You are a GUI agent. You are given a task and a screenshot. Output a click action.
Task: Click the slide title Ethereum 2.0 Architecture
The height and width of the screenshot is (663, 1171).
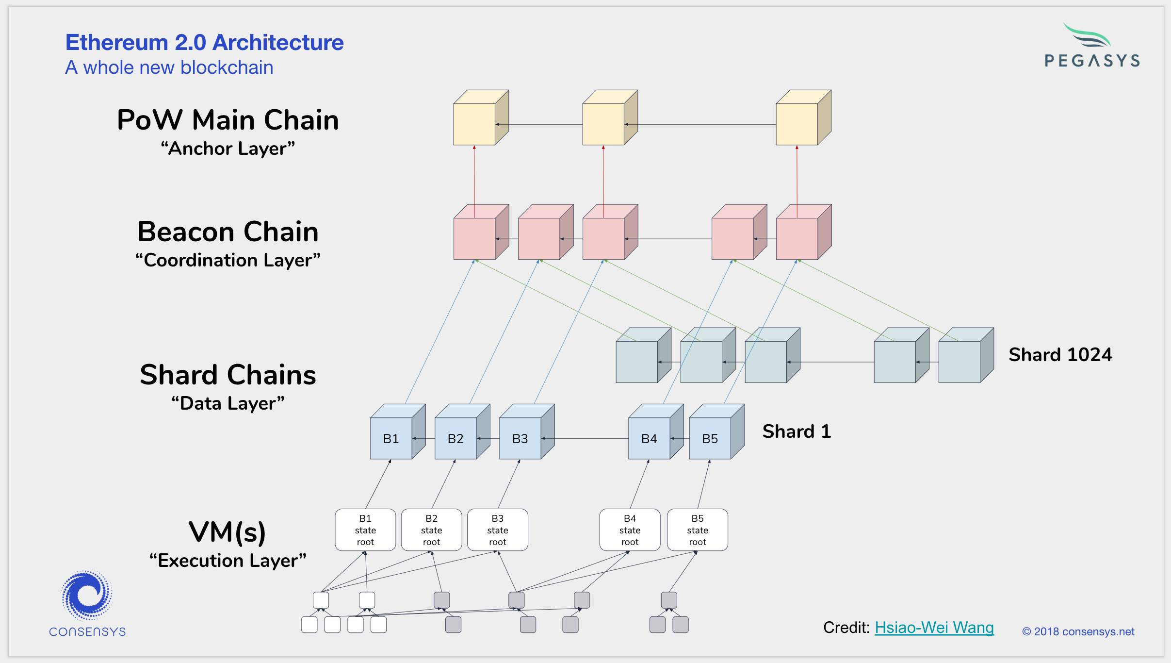205,42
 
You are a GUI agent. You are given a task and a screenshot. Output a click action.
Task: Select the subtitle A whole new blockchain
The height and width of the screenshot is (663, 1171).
169,67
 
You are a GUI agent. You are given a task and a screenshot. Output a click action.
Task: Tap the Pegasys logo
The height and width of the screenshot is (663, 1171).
1092,45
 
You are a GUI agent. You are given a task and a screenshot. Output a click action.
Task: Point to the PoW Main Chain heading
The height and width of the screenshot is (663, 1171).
228,120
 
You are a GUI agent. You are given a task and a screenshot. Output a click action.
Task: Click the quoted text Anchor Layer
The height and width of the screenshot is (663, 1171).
228,149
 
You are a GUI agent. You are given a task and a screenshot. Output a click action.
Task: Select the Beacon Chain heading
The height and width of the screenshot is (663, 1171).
228,232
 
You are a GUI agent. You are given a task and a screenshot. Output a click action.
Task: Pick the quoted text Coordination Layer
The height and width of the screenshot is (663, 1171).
228,260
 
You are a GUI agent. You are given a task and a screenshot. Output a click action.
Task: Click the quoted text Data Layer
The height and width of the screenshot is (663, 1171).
228,403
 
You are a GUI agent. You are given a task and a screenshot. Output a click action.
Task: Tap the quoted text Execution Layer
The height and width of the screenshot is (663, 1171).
228,561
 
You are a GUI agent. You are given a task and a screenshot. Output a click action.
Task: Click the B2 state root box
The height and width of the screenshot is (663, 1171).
431,530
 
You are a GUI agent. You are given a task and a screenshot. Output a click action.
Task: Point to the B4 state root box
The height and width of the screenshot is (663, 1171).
630,530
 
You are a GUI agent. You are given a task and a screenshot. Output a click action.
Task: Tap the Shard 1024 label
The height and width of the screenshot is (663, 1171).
1060,355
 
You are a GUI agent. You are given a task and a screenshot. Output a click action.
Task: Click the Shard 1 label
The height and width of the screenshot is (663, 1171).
797,431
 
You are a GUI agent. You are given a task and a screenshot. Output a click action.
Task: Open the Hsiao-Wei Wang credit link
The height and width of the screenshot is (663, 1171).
934,628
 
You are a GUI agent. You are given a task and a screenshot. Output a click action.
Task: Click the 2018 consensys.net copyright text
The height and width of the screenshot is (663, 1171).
1078,631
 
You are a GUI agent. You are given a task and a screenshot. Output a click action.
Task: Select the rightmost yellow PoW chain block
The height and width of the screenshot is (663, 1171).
804,117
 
